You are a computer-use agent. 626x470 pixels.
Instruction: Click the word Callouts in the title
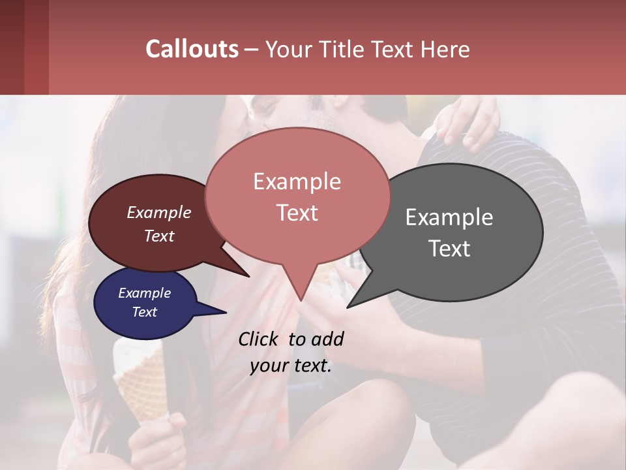pyautogui.click(x=192, y=49)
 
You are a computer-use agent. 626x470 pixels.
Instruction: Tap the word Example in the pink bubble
pyautogui.click(x=297, y=181)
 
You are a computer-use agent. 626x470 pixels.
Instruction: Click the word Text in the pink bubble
pyautogui.click(x=297, y=213)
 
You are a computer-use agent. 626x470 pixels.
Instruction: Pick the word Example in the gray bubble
pyautogui.click(x=449, y=217)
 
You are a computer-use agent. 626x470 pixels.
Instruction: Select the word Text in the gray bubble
pyautogui.click(x=449, y=249)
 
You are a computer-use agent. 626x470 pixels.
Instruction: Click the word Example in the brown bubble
pyautogui.click(x=158, y=212)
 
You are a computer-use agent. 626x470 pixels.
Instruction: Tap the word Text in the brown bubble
pyautogui.click(x=158, y=236)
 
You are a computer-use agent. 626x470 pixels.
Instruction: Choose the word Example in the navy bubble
pyautogui.click(x=144, y=293)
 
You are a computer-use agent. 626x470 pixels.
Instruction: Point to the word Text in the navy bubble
pyautogui.click(x=144, y=312)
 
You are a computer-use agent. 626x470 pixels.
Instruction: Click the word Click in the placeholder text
pyautogui.click(x=259, y=339)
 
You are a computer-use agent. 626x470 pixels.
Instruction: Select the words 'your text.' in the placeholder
pyautogui.click(x=291, y=366)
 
